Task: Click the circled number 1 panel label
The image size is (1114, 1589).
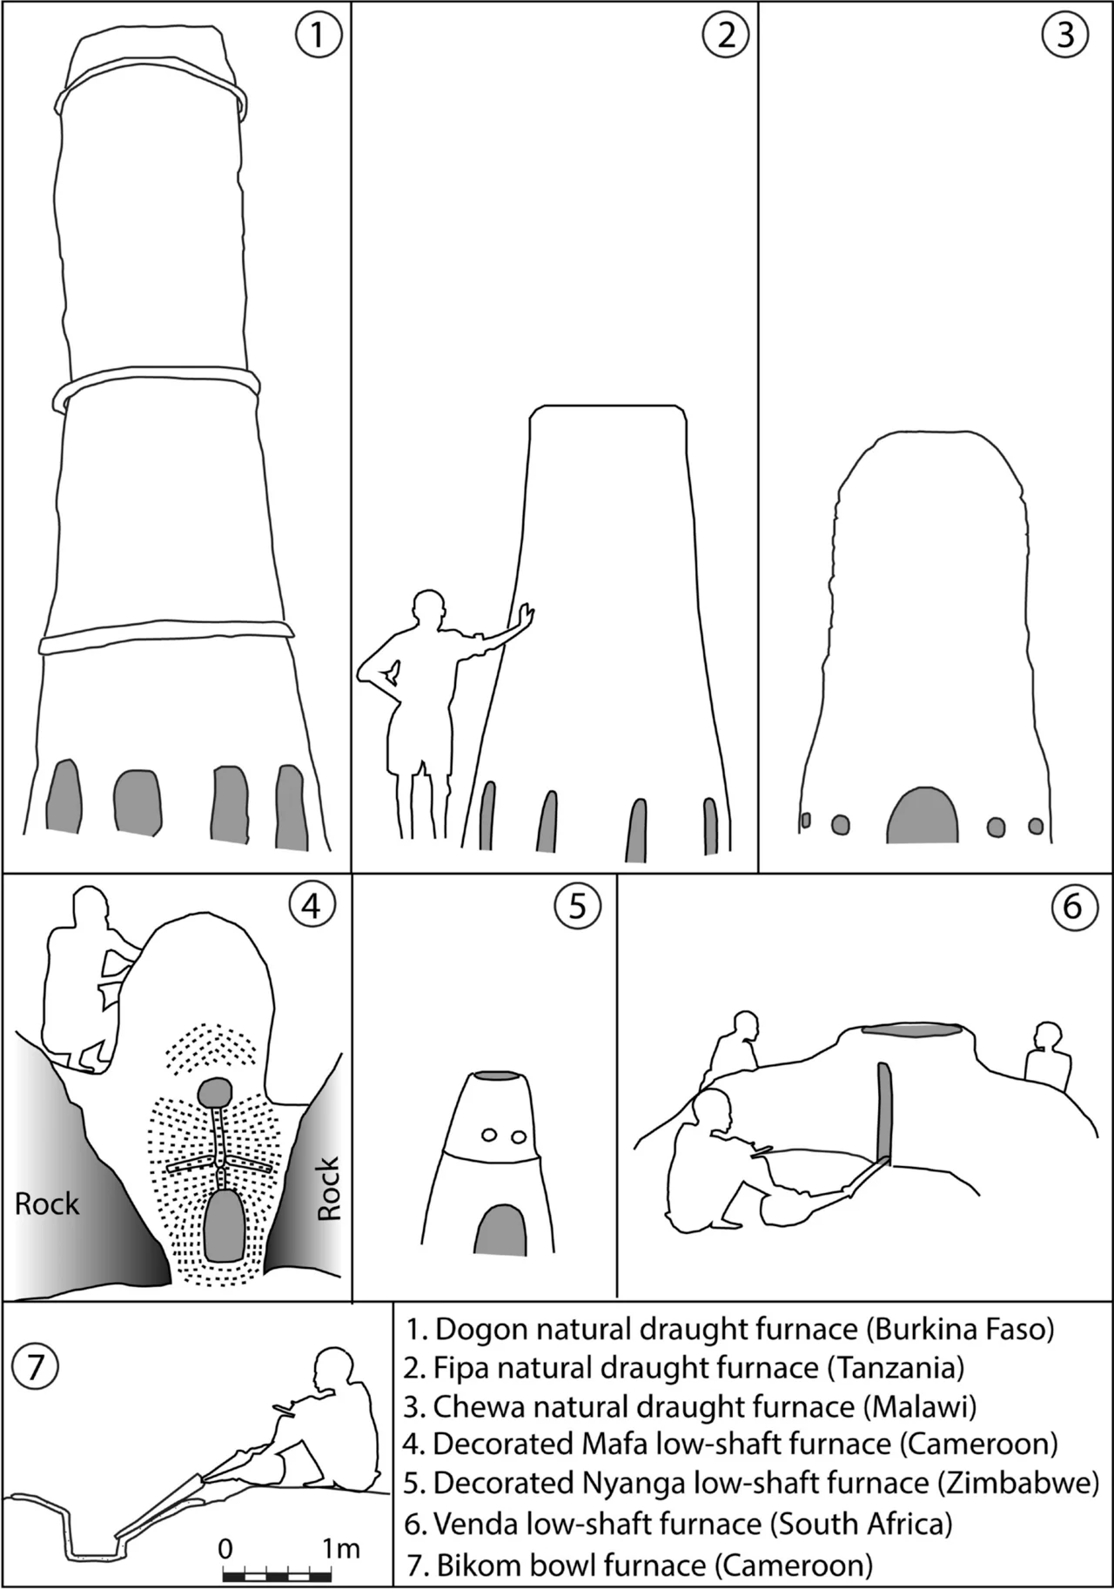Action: click(x=317, y=35)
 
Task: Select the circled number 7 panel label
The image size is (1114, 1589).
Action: click(x=35, y=1366)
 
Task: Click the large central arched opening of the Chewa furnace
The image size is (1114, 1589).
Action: click(x=923, y=815)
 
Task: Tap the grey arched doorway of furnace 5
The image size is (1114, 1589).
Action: click(x=500, y=1230)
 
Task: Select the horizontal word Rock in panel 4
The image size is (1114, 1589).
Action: click(x=47, y=1204)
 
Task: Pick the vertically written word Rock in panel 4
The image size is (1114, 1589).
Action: click(x=327, y=1188)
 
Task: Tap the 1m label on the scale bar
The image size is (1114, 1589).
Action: click(x=340, y=1548)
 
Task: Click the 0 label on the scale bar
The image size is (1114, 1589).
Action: click(x=225, y=1549)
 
